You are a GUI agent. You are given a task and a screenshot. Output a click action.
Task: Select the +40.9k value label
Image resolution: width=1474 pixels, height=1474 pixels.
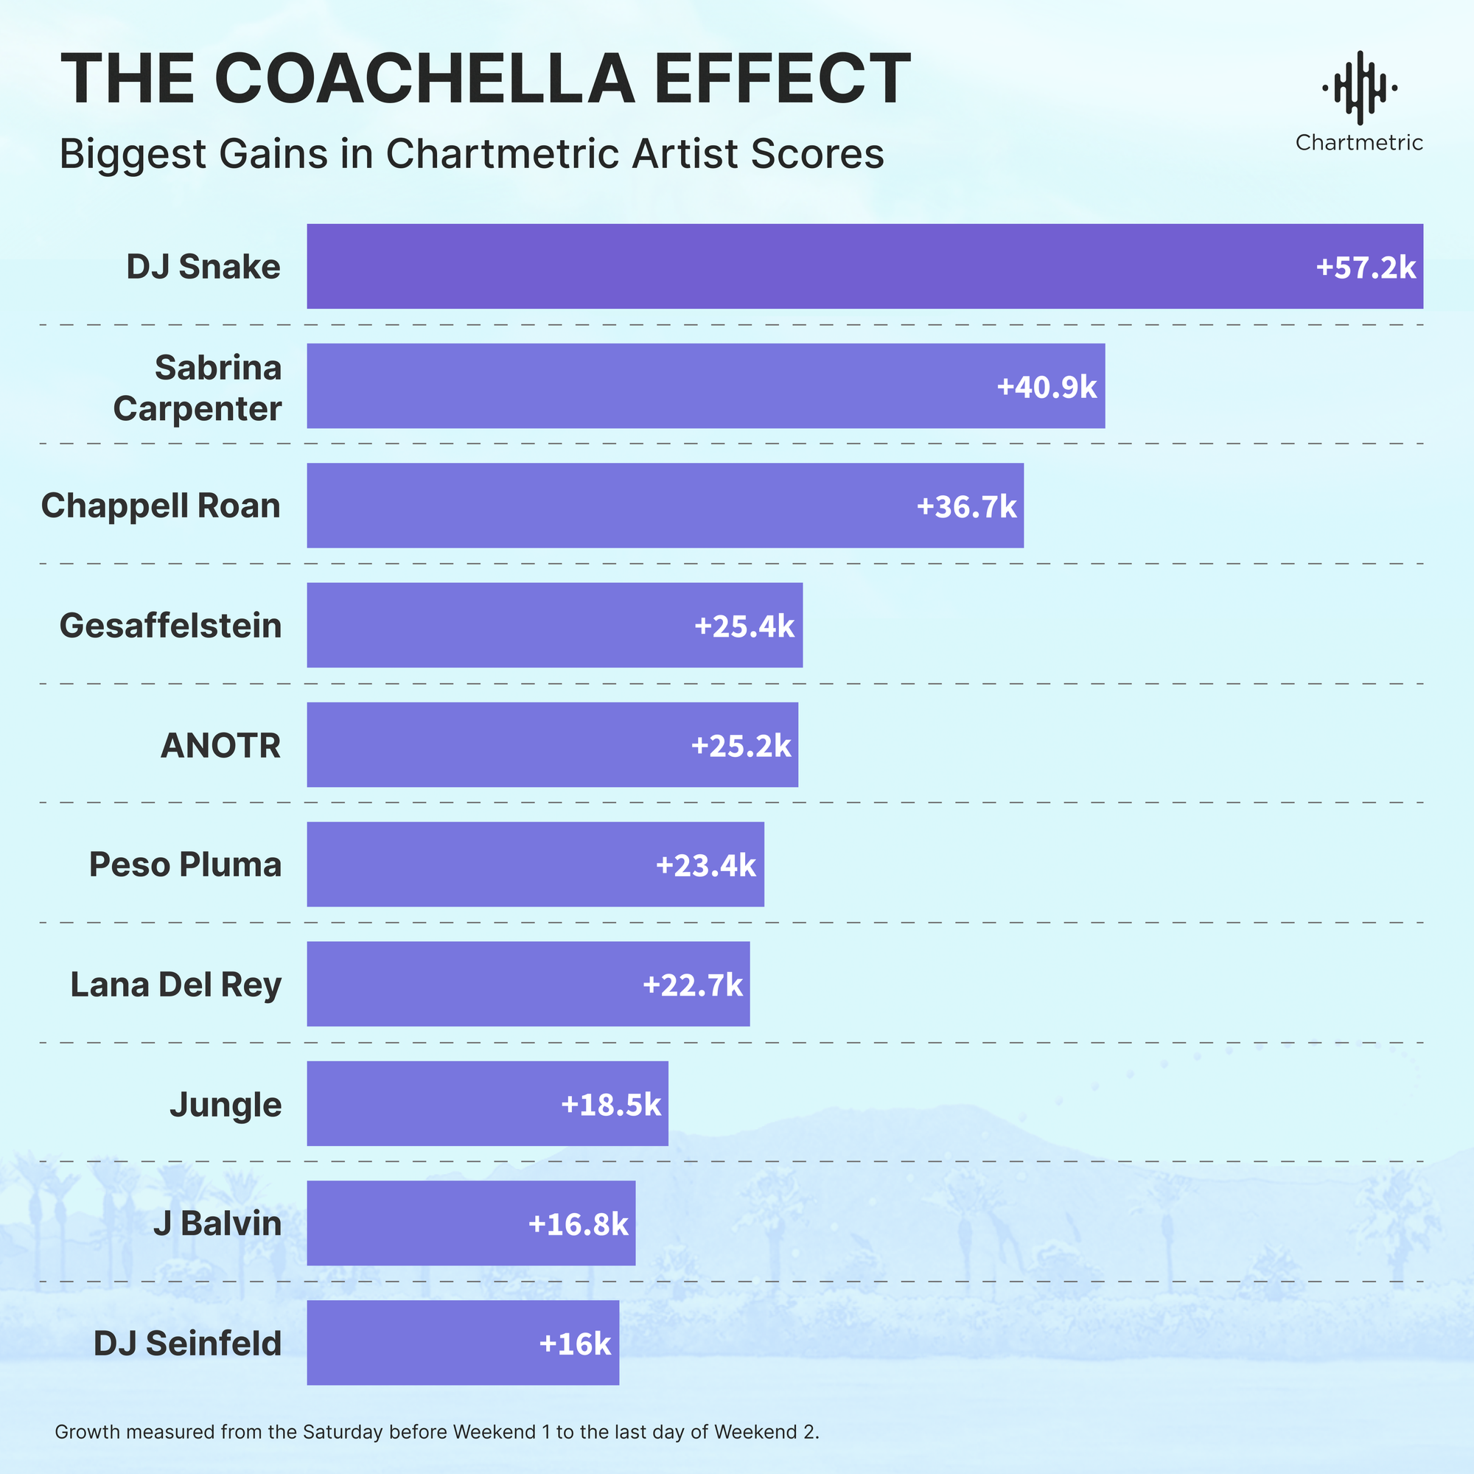tap(1046, 387)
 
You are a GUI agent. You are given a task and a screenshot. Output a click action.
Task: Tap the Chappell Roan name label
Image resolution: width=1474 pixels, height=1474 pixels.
tap(161, 506)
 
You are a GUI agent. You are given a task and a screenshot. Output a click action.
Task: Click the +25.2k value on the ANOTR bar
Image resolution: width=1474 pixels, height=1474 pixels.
tap(741, 745)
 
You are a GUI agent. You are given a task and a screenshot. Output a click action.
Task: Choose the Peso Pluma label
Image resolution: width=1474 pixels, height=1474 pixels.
tap(186, 865)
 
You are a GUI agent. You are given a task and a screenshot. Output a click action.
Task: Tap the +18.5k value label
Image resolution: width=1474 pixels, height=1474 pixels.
tap(610, 1104)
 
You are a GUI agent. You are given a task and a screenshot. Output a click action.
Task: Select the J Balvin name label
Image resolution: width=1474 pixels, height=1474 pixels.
tap(217, 1223)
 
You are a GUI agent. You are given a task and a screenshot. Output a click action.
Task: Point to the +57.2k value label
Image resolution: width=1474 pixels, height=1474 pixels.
tap(1366, 268)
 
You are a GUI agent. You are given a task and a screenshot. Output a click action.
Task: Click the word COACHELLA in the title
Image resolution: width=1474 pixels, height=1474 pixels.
tap(425, 79)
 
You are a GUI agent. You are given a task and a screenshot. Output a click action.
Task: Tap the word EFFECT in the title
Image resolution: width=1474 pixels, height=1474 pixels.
tap(782, 79)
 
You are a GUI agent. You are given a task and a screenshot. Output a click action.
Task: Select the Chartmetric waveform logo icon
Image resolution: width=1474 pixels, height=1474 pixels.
tap(1359, 88)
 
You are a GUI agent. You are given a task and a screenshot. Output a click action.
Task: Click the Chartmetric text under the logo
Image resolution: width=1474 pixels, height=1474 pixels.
tap(1359, 143)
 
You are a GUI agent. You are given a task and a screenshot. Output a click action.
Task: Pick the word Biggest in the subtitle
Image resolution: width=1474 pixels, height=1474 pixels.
tap(133, 155)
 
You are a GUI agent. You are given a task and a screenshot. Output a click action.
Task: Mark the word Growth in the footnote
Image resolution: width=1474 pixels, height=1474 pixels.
tap(87, 1431)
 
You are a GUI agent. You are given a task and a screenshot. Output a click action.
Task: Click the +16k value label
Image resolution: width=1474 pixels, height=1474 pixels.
tap(575, 1344)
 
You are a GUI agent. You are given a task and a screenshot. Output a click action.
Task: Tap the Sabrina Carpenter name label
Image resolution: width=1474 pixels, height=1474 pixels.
tap(198, 388)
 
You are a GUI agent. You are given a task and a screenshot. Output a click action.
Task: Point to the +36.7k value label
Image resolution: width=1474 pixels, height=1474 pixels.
tap(966, 506)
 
